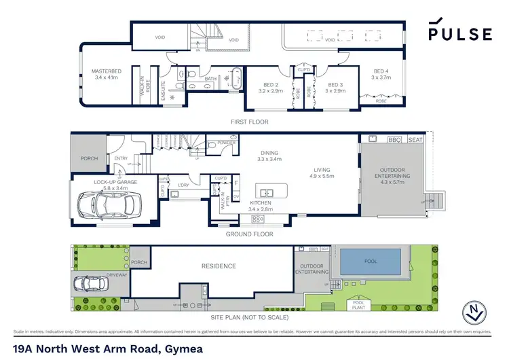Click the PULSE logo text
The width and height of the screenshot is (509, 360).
(460, 33)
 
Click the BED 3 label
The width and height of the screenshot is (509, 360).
(335, 87)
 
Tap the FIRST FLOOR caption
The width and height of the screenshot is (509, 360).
(250, 122)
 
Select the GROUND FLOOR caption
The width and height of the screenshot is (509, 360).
(250, 234)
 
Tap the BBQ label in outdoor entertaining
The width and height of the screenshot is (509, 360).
(394, 139)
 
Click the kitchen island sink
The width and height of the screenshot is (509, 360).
(263, 192)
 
